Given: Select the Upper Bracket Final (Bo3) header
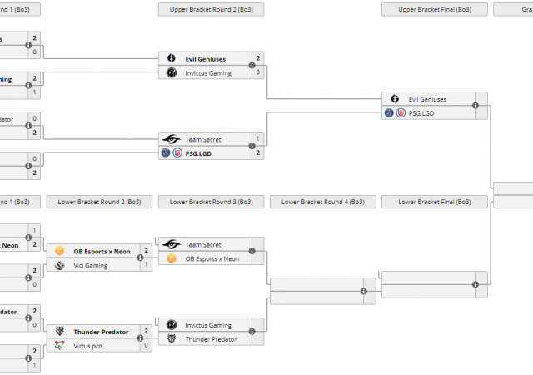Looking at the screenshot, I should point(434,10).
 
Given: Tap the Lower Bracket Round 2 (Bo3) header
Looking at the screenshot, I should point(100,202).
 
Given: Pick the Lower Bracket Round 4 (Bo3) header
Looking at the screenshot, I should point(322,202).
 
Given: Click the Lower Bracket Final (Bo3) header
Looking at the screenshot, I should point(434,202).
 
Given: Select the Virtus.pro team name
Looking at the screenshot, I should point(87,345).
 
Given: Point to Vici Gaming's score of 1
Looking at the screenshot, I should point(147,265).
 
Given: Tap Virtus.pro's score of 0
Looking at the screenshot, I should point(147,345).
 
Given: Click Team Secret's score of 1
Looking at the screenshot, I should point(258,138).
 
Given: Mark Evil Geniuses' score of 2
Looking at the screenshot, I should point(258,58).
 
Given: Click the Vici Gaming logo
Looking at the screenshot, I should point(60,265).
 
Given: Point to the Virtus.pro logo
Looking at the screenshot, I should point(60,345).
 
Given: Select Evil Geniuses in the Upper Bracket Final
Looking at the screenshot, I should point(427,99).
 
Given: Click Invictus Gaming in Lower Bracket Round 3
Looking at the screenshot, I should point(208,325).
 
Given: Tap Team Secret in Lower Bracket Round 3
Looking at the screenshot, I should point(203,245).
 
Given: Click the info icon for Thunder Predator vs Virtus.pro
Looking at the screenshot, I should point(141,338).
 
